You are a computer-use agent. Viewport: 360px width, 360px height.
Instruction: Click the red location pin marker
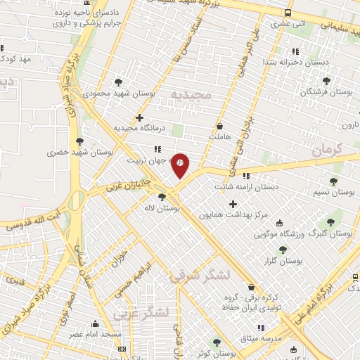point(181,164)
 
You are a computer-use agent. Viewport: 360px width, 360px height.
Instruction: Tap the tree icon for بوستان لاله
point(162,198)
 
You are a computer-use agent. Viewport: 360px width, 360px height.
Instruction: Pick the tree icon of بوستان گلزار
point(283,250)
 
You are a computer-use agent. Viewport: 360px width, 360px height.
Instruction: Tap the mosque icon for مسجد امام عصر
point(95,324)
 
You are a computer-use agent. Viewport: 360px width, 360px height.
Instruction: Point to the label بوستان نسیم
point(330,191)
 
